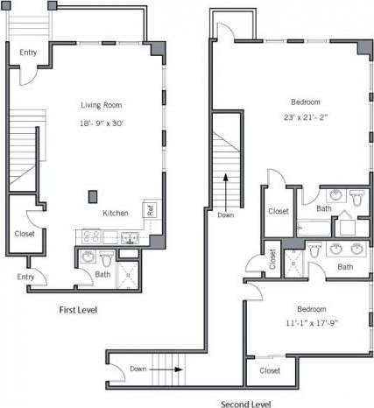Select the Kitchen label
point(116,214)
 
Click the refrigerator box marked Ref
point(150,210)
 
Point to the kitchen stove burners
point(90,236)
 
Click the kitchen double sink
point(131,236)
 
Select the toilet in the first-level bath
point(107,258)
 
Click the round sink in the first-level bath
point(88,257)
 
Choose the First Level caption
point(78,310)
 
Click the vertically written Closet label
point(272,258)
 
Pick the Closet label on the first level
point(25,234)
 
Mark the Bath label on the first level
point(103,275)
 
